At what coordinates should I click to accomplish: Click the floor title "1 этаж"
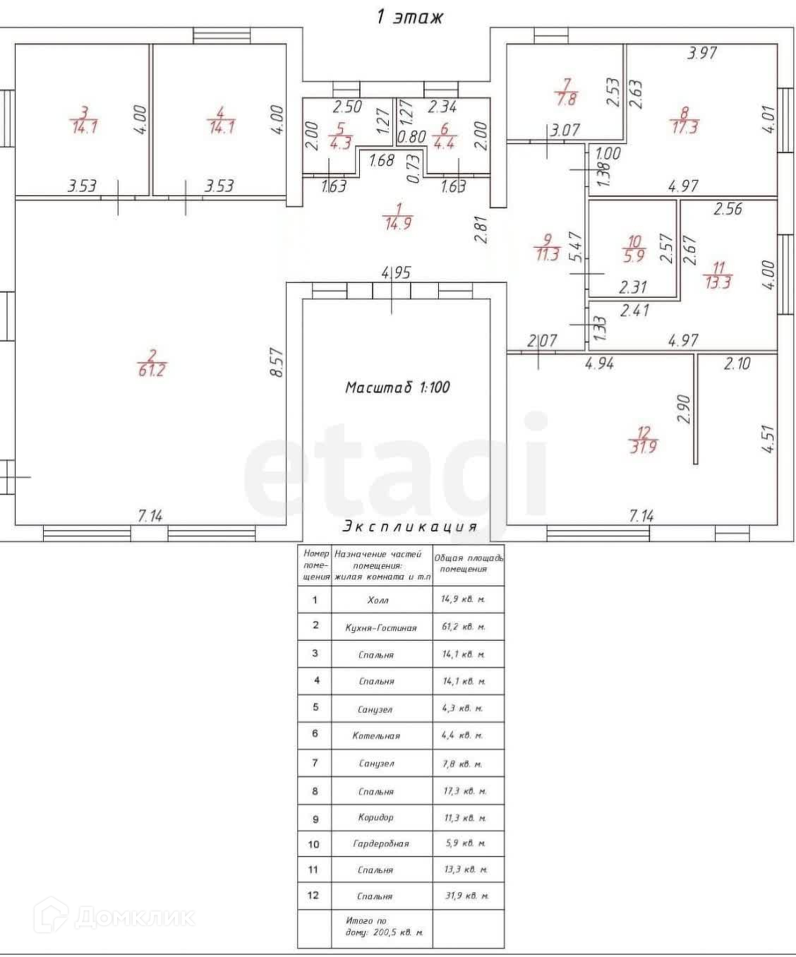coord(409,17)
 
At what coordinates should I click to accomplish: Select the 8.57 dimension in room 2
coord(277,362)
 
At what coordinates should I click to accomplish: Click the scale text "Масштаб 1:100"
coord(397,387)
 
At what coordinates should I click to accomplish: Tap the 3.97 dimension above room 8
coord(702,52)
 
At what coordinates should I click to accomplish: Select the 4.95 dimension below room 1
coord(395,272)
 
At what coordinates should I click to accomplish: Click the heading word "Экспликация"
coord(410,526)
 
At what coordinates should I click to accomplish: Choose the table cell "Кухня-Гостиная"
coord(381,627)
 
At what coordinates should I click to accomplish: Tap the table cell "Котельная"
coord(376,735)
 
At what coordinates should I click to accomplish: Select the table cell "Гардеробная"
coord(381,843)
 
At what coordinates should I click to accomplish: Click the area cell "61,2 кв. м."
coord(464,627)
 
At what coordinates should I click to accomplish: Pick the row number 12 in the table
coord(314,895)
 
